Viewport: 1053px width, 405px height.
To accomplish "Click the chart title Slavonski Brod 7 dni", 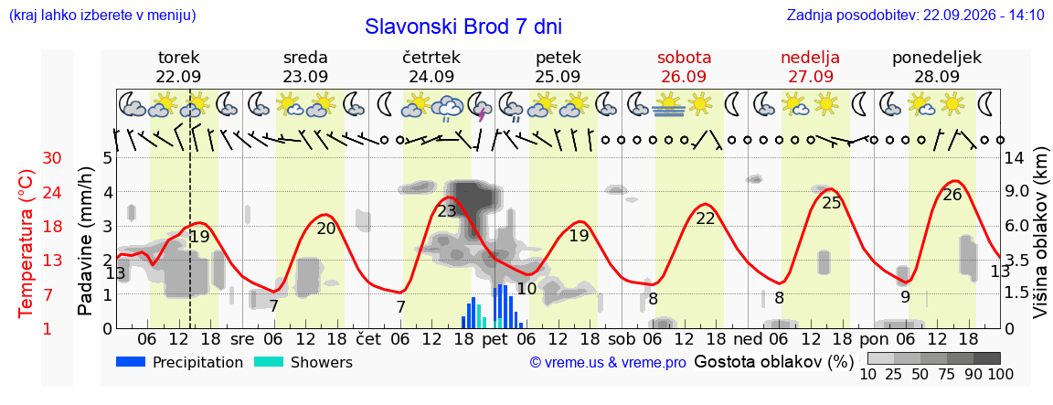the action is coord(463,27).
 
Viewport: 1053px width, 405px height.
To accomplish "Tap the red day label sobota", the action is coord(685,57).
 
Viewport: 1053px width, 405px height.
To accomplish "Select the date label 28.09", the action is coord(936,76).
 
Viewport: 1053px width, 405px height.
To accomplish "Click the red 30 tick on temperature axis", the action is coord(52,158).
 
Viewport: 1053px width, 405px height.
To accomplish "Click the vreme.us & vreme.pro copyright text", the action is coord(608,363).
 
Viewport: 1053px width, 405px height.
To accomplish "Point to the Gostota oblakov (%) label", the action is coord(773,362).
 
